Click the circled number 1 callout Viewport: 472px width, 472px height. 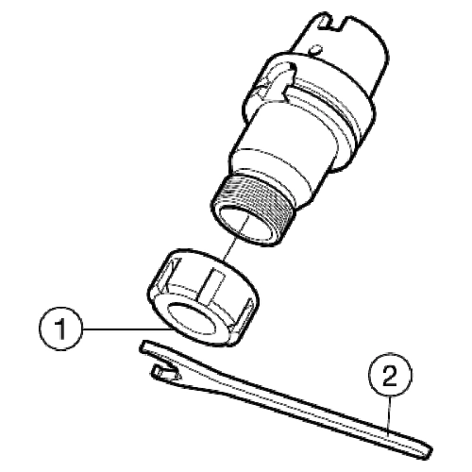pyautogui.click(x=60, y=329)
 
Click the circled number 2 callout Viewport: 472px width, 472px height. pyautogui.click(x=390, y=375)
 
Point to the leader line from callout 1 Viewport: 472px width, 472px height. pyautogui.click(x=126, y=329)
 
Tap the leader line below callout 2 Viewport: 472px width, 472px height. pyautogui.click(x=390, y=415)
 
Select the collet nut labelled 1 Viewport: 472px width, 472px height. pyautogui.click(x=203, y=297)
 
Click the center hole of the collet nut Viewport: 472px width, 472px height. pyautogui.click(x=192, y=320)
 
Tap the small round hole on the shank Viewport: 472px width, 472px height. pyautogui.click(x=315, y=49)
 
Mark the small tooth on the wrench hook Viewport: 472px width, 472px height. pyautogui.click(x=158, y=371)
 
